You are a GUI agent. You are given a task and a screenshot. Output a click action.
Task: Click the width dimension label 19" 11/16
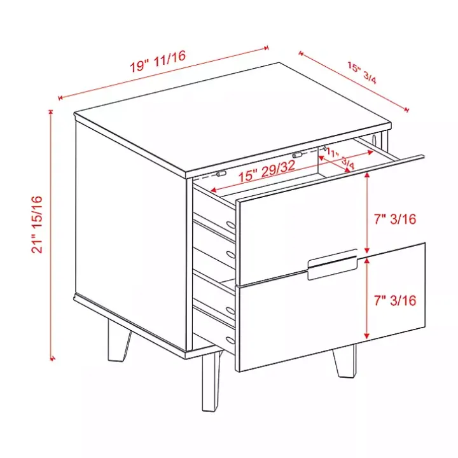pyautogui.click(x=158, y=62)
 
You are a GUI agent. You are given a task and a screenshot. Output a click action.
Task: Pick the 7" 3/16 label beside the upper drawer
pyautogui.click(x=394, y=219)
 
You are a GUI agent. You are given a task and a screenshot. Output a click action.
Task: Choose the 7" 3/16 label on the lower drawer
pyautogui.click(x=394, y=300)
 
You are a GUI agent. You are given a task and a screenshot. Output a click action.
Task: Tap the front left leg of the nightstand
pyautogui.click(x=209, y=378)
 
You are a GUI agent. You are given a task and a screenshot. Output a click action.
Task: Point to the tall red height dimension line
pyautogui.click(x=50, y=235)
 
